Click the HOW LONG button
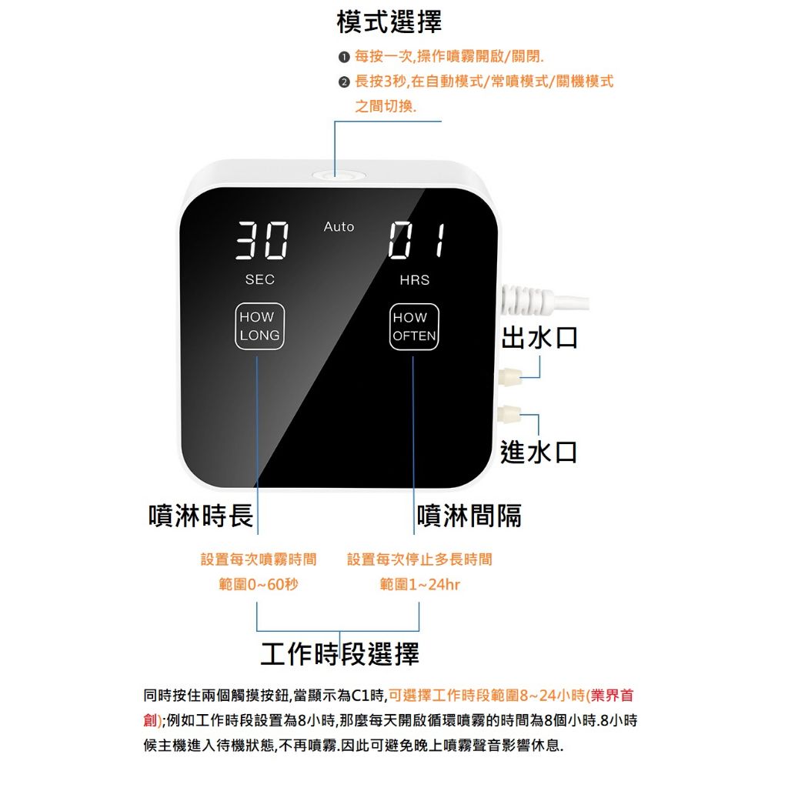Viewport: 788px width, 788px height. pyautogui.click(x=260, y=326)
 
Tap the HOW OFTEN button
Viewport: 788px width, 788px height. pyautogui.click(x=414, y=326)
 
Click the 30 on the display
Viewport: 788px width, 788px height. pyautogui.click(x=262, y=240)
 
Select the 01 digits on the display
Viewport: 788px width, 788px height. pyautogui.click(x=416, y=241)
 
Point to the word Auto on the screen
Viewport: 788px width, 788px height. pyautogui.click(x=339, y=227)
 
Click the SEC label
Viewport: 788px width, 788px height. pyautogui.click(x=260, y=279)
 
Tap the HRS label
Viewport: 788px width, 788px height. pyautogui.click(x=415, y=280)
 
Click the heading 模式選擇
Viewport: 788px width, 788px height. pyautogui.click(x=389, y=22)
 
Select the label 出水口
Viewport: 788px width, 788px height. pyautogui.click(x=539, y=337)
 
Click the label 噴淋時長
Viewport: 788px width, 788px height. pyautogui.click(x=201, y=515)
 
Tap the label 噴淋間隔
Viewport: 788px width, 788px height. pyautogui.click(x=469, y=515)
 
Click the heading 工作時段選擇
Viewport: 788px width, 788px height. pyautogui.click(x=339, y=654)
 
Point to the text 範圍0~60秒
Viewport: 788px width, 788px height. pyautogui.click(x=259, y=584)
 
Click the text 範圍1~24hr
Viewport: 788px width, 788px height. pyautogui.click(x=419, y=584)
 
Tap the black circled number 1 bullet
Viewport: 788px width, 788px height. pyautogui.click(x=344, y=57)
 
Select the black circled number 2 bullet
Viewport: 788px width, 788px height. pyautogui.click(x=344, y=82)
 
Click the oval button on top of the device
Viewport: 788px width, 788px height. pyautogui.click(x=338, y=175)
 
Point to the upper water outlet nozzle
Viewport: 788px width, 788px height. pyautogui.click(x=509, y=376)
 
